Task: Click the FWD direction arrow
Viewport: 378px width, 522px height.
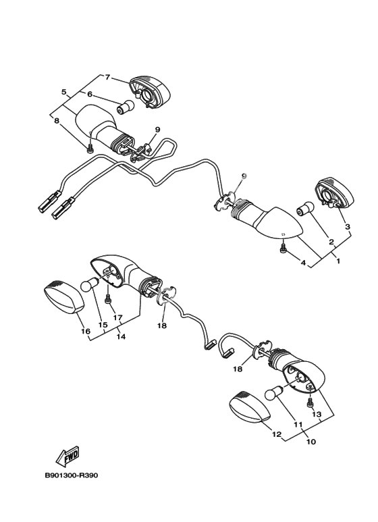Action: coord(67,456)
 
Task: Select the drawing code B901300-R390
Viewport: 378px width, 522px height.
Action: coord(72,475)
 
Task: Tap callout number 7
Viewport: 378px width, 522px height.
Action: coord(107,77)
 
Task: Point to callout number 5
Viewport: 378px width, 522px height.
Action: coord(64,92)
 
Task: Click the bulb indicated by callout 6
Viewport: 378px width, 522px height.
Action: coord(126,107)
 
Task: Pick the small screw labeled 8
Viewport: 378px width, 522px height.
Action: coord(89,150)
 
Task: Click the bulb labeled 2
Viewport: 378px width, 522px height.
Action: coord(306,209)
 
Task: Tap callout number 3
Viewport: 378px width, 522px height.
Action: coord(348,227)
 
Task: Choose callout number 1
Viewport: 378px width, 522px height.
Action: coord(338,261)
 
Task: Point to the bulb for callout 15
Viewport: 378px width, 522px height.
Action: coord(90,285)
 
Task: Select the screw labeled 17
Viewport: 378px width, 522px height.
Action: coord(108,298)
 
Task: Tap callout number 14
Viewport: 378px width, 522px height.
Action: coord(121,336)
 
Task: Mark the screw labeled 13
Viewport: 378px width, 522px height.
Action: coord(310,402)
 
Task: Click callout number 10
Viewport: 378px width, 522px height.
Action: coord(310,442)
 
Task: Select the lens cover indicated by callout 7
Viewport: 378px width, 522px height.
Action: coord(149,93)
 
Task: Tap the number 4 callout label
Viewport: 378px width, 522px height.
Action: coord(303,263)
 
